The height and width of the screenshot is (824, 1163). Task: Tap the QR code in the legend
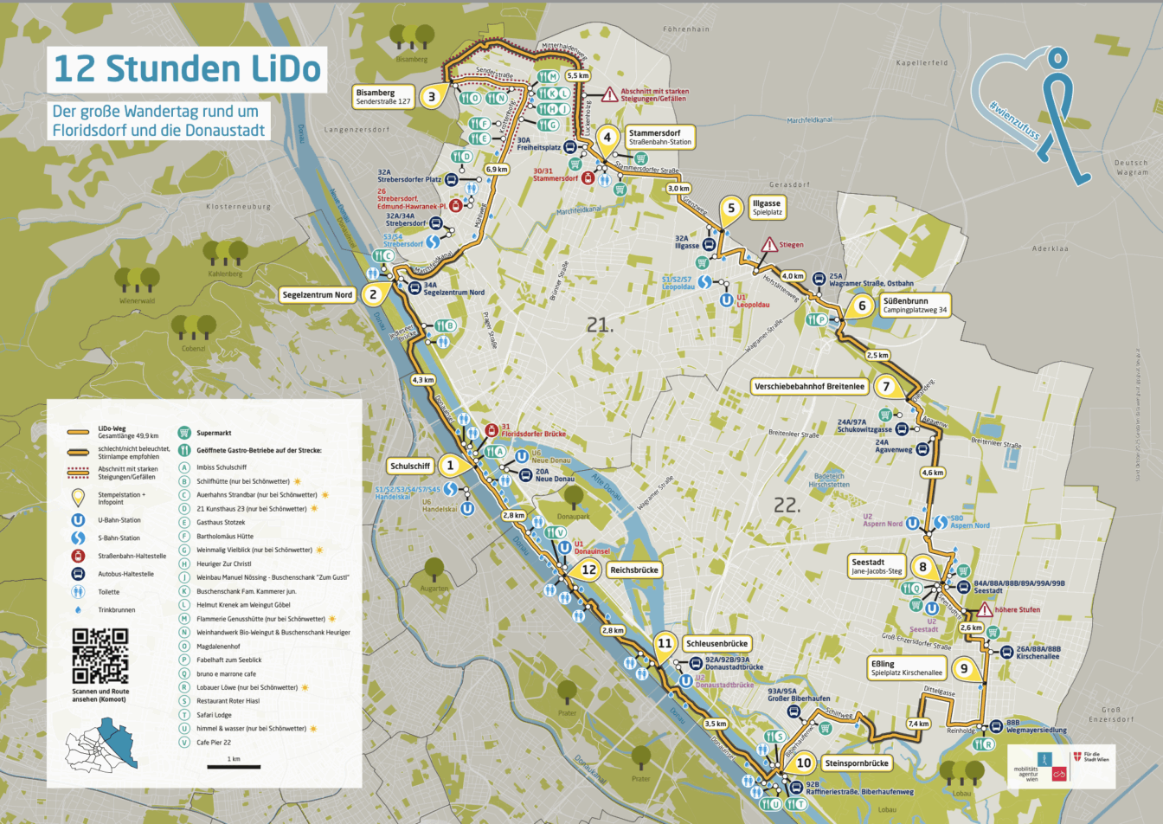coord(100,655)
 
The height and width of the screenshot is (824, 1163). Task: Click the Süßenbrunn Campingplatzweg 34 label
coord(914,305)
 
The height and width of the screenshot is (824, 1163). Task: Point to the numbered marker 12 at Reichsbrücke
coord(588,570)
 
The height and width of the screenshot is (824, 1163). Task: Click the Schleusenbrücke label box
coord(716,644)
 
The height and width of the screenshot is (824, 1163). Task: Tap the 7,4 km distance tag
coord(918,724)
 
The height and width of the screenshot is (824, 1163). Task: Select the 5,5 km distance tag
coord(577,76)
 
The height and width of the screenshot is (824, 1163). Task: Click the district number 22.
coord(786,505)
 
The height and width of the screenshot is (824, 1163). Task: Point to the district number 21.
coord(600,325)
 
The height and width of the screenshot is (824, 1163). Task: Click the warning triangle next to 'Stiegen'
coord(768,246)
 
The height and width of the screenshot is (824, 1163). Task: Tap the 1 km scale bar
coord(234,765)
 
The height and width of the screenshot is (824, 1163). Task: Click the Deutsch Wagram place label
coord(1131,167)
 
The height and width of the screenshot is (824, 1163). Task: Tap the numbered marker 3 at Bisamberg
coord(432,96)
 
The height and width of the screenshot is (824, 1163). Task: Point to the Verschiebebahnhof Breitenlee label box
coord(810,387)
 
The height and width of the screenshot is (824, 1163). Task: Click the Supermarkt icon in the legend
coord(184,433)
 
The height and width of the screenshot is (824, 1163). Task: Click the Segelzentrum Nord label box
coord(318,295)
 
